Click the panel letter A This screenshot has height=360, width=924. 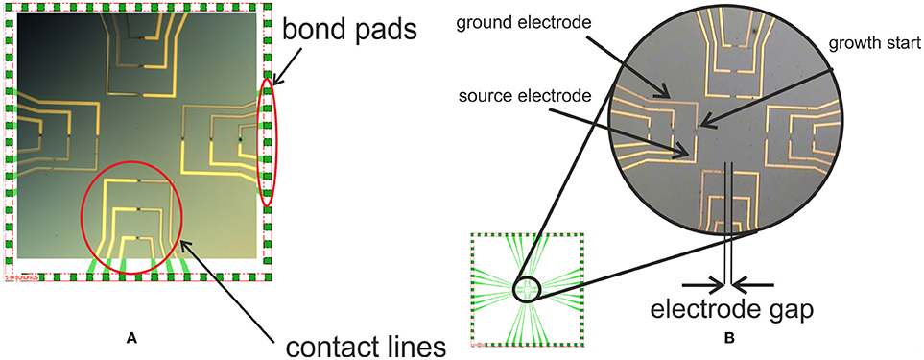[132, 338]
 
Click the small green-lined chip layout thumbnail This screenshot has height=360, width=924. [526, 289]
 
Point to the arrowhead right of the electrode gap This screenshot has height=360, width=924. [741, 283]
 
